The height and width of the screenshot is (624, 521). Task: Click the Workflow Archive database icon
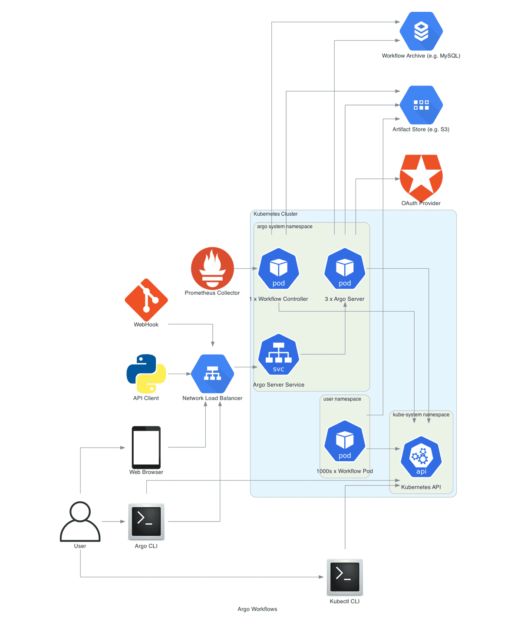point(421,31)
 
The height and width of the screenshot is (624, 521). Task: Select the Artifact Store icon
point(421,105)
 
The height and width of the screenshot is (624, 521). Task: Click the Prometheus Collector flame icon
point(212,268)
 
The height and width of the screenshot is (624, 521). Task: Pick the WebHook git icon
point(146,300)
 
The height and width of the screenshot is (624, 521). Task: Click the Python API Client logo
point(146,374)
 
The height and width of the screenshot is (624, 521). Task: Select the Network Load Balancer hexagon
point(212,374)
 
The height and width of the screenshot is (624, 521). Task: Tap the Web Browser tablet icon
point(146,447)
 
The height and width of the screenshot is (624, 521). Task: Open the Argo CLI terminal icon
point(146,521)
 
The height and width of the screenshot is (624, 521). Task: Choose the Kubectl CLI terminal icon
point(345,577)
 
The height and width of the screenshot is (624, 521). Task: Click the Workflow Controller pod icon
point(279,269)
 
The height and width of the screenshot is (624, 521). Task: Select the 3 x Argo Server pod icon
point(345,269)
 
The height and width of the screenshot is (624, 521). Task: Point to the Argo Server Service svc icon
point(279,355)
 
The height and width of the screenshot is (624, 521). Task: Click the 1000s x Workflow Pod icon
point(345,441)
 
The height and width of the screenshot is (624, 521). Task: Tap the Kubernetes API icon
point(421,457)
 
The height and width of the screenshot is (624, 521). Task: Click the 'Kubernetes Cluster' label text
point(275,214)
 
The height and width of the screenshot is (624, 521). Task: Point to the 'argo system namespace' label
point(284,227)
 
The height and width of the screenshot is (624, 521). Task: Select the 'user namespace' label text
point(342,399)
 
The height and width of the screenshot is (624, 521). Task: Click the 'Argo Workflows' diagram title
point(257,609)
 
